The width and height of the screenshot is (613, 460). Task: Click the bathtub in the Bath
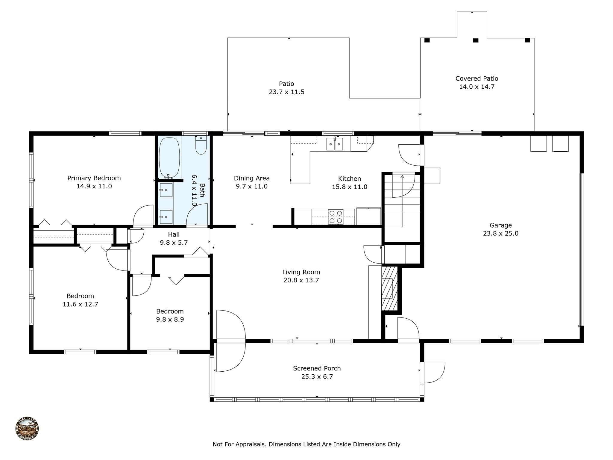(170, 158)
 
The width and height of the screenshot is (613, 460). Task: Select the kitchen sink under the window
(335, 144)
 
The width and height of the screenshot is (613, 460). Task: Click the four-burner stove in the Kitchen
(336, 217)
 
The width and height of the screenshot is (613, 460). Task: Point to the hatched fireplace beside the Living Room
(389, 288)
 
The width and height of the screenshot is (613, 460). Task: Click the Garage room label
(501, 225)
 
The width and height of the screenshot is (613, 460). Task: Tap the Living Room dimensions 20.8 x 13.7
(301, 280)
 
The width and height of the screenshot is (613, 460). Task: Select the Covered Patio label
(477, 78)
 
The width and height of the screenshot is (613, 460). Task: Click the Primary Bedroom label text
(94, 178)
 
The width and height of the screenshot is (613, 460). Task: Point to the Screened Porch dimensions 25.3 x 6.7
(317, 376)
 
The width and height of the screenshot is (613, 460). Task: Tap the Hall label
(174, 234)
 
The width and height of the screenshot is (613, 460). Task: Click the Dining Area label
(252, 178)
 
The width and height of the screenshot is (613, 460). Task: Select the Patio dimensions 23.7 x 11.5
(286, 92)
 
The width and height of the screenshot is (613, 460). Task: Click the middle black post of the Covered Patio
(476, 40)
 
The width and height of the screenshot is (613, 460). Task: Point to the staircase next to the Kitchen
(402, 208)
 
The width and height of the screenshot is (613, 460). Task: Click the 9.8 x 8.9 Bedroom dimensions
(170, 319)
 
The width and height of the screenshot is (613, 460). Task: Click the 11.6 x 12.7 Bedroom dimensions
(80, 304)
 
